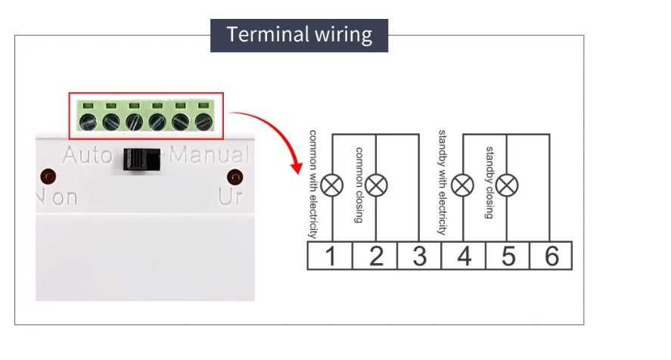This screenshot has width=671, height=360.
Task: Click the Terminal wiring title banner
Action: (299, 35)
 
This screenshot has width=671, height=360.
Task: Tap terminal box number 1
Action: (330, 256)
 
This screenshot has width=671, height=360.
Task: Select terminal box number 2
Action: (375, 256)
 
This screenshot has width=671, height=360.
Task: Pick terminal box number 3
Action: (419, 256)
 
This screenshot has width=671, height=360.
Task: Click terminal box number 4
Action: (463, 256)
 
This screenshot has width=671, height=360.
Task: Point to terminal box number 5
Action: (507, 256)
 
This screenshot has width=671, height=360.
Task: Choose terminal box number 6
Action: (551, 256)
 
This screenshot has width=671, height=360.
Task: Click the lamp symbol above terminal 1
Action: (332, 185)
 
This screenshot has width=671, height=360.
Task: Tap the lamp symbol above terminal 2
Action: (376, 185)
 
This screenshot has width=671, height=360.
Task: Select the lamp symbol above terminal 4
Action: (462, 185)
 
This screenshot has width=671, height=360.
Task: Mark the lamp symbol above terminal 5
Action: (506, 185)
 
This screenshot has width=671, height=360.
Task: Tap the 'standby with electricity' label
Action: (443, 182)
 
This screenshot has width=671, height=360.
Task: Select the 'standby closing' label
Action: (489, 182)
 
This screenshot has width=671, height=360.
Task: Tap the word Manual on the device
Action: (209, 157)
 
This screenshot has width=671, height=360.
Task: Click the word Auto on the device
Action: (87, 157)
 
